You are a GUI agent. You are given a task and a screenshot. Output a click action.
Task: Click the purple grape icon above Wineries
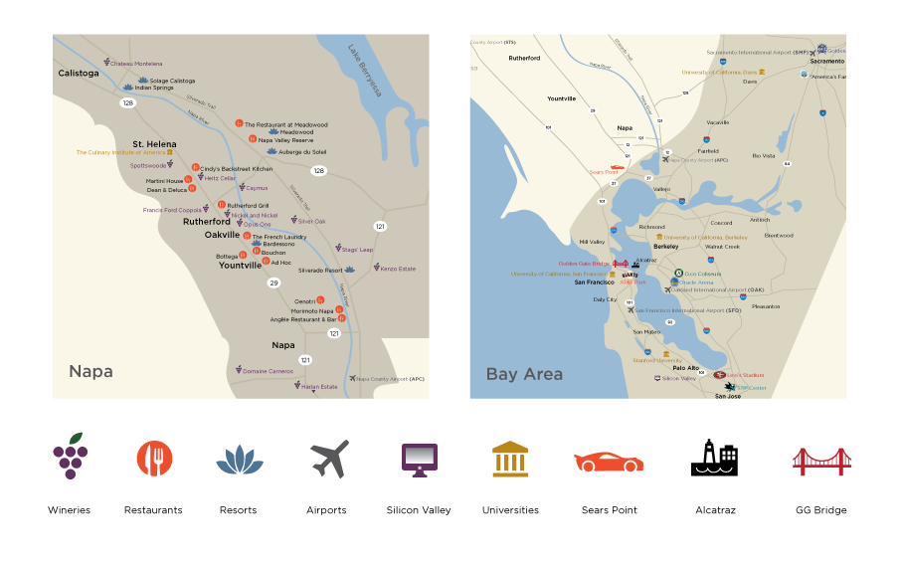coord(70,457)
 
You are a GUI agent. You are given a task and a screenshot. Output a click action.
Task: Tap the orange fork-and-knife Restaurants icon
coord(154,458)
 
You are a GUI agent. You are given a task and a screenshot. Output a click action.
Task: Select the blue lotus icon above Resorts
coord(239,459)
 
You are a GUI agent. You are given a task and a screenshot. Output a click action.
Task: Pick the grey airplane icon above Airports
coord(328,459)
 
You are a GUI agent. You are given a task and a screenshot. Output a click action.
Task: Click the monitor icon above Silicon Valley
coord(419,459)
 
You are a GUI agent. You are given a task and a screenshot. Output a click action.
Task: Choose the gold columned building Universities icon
coord(510,459)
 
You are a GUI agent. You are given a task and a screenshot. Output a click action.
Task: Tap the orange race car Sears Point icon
coord(609,461)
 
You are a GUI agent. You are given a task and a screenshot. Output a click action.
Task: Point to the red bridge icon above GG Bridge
coord(820,461)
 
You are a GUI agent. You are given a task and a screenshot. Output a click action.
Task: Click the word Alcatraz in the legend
coord(715,510)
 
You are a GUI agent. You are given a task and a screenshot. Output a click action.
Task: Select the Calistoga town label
coord(79,74)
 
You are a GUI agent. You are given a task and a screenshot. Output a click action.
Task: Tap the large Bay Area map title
coord(524,375)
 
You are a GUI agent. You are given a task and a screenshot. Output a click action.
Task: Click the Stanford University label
coord(656,361)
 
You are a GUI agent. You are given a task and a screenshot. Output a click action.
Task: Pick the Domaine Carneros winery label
coord(269,371)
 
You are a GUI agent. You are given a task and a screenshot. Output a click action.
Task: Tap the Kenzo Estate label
coord(398,269)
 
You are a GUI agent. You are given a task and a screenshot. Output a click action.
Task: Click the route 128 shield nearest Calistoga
coord(127,102)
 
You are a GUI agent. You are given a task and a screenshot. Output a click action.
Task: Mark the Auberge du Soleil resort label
coord(303,152)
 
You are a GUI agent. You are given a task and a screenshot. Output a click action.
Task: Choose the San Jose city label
coord(728,396)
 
